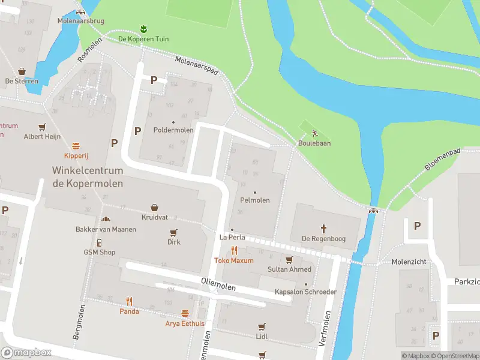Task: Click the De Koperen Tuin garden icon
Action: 143,29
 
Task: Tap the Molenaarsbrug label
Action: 80,21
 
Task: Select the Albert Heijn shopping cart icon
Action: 42,127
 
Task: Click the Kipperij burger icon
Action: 76,146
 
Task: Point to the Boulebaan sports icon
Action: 314,133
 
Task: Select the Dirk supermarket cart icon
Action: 173,232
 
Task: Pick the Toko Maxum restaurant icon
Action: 234,251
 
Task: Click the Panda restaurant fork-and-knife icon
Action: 129,301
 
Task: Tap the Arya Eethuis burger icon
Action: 185,313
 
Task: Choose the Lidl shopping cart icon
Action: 261,327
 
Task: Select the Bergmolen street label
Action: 78,322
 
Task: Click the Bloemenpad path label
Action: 443,160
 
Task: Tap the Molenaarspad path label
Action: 197,66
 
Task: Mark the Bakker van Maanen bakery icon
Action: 106,220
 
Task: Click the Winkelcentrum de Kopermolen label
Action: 88,177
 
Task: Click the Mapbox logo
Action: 26,353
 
